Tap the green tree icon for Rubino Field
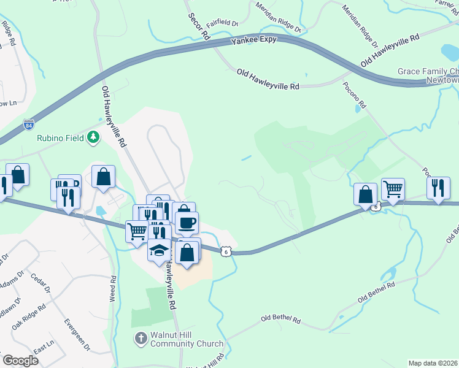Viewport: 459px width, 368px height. point(93,137)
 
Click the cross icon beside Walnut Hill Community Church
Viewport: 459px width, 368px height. point(141,339)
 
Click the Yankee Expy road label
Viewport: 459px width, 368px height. point(253,40)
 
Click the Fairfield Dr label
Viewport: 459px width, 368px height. point(222,25)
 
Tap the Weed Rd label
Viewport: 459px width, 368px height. point(113,288)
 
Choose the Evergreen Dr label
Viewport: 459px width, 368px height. point(77,334)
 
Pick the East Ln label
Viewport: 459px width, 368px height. point(43,348)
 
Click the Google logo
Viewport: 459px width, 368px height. point(20,360)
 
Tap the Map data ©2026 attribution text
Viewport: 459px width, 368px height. point(433,363)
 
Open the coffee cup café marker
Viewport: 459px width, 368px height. point(187,222)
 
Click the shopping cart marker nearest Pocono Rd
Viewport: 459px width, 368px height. point(392,189)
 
